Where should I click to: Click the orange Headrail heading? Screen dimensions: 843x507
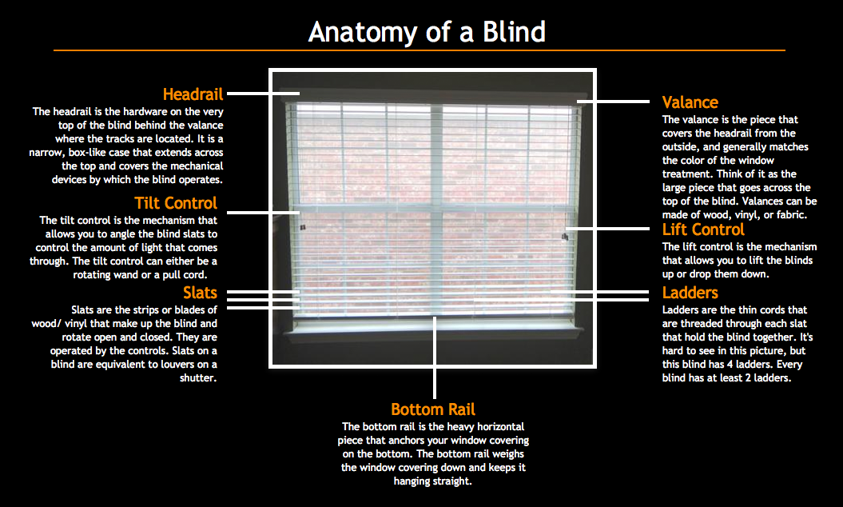pos(193,94)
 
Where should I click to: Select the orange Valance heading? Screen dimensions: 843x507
pos(690,102)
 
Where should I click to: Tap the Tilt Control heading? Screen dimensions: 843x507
pos(176,203)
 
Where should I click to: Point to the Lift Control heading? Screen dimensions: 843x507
pos(703,230)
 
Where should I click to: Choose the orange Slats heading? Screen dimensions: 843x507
pos(200,293)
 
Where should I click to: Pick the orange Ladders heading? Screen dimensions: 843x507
pos(690,293)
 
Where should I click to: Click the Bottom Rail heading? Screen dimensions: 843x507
pos(433,409)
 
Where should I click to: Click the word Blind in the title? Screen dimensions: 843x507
pos(514,32)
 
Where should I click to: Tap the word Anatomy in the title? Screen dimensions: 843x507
pos(363,33)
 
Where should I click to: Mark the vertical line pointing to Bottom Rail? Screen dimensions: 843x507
pos(435,357)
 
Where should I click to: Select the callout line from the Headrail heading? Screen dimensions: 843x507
pos(263,93)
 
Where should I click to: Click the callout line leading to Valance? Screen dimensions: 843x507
pos(613,102)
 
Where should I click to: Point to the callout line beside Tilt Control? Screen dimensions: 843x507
pos(263,213)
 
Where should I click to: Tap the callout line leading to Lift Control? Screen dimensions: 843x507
pos(607,229)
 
